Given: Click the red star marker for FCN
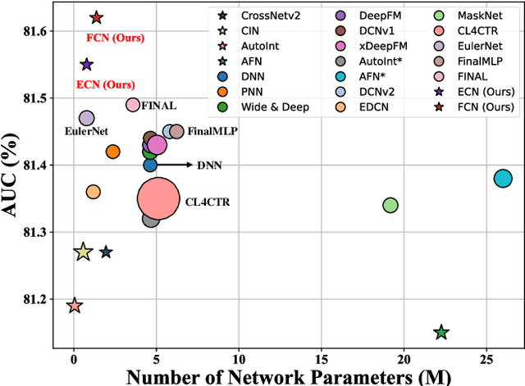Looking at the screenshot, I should [x=96, y=17].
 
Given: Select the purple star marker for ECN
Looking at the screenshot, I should [x=86, y=64].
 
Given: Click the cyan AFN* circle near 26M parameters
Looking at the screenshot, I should [x=503, y=179].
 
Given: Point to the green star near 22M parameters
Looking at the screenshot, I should [x=441, y=332].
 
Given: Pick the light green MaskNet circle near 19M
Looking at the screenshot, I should [x=390, y=205].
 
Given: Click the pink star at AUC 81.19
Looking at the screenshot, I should [x=74, y=306].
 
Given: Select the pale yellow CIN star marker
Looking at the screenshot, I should [x=82, y=252].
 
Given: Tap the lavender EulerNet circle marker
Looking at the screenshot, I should [x=86, y=119].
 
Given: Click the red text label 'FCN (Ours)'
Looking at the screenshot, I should [x=112, y=37].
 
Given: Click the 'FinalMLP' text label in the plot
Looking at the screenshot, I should [x=210, y=131].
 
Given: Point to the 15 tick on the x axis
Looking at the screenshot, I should [x=322, y=357].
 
